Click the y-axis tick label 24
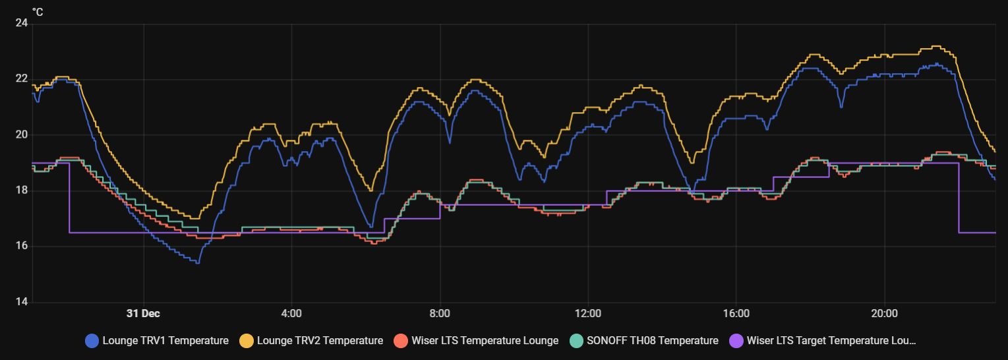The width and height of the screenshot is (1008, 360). tap(22, 23)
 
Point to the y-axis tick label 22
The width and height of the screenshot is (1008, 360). tap(22, 79)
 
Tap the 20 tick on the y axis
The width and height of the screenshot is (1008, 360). tap(22, 135)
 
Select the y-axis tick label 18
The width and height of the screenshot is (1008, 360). tap(22, 191)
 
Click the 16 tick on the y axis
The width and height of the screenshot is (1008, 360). tap(22, 246)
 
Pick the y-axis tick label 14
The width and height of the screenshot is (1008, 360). tap(22, 302)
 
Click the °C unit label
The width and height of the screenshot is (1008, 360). tap(37, 11)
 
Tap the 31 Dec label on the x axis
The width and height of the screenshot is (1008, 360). tap(143, 313)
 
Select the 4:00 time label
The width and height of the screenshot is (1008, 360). tap(291, 313)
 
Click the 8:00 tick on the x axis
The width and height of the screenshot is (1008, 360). tap(440, 313)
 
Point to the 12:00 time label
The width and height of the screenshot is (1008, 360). tap(587, 313)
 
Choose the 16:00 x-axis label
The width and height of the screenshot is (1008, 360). tap(736, 313)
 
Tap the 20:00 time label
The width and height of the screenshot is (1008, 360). tap(884, 313)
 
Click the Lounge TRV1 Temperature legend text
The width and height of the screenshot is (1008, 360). tap(165, 341)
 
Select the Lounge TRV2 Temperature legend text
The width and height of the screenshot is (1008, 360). tap(320, 341)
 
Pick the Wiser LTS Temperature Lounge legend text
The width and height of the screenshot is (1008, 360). tap(485, 341)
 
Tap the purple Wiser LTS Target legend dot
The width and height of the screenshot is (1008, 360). tap(737, 341)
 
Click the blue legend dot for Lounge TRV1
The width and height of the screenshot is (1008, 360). tap(92, 341)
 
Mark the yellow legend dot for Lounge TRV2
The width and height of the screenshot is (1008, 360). tap(247, 341)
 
